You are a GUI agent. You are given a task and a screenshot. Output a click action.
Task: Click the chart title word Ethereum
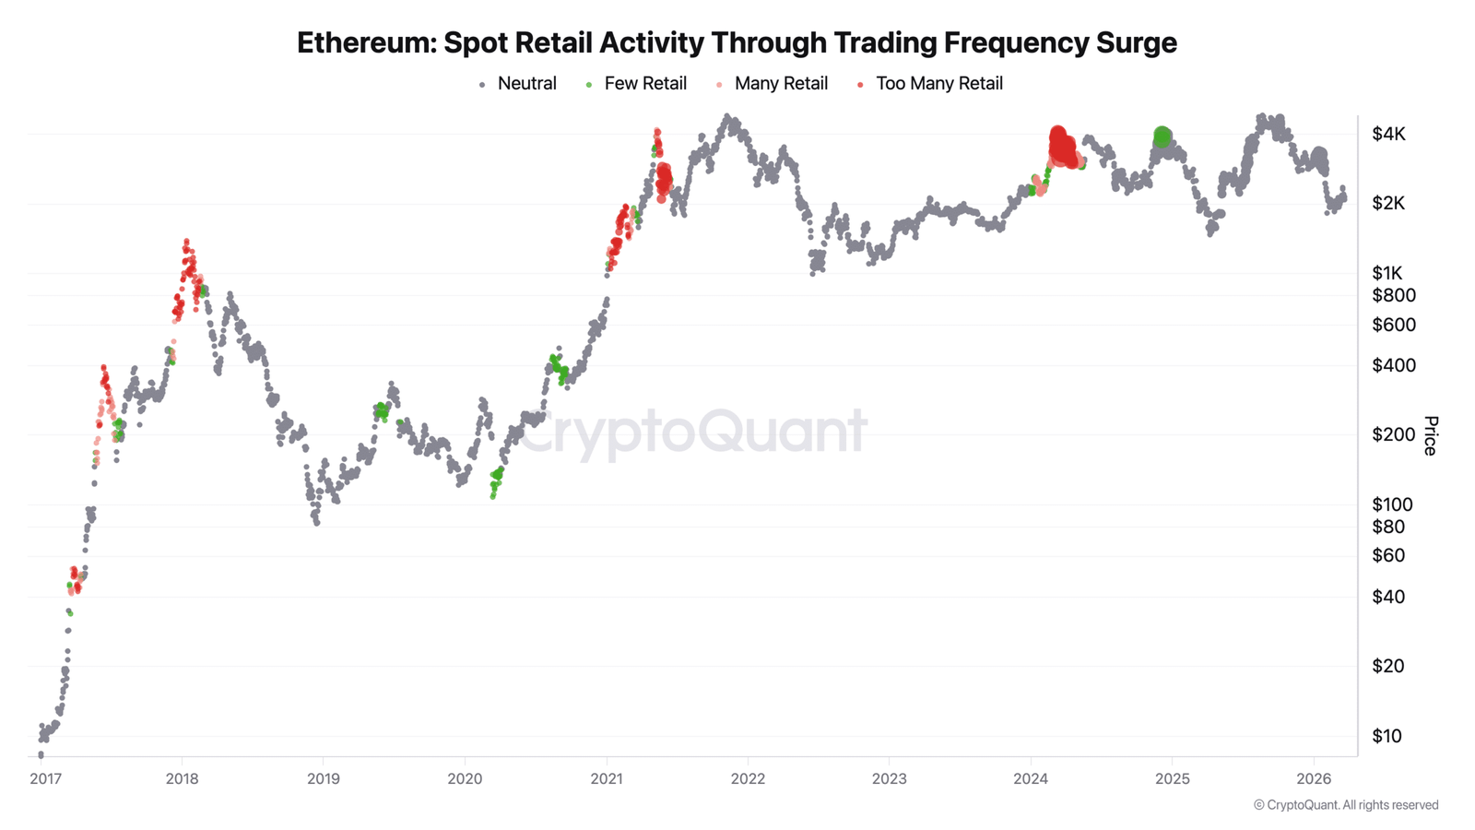(x=366, y=42)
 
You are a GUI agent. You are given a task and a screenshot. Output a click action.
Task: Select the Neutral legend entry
(x=526, y=84)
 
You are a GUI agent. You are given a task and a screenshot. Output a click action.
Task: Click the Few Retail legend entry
(x=644, y=84)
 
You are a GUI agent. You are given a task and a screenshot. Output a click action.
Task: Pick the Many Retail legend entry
(x=780, y=84)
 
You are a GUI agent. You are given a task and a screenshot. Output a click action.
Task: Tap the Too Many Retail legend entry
(x=938, y=84)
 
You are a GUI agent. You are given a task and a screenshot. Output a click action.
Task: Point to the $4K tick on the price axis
(x=1388, y=135)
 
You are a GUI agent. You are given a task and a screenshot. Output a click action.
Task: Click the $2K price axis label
(x=1388, y=204)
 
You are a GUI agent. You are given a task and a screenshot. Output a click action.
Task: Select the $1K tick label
(x=1387, y=273)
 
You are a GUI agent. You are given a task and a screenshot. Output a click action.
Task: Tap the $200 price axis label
(x=1393, y=434)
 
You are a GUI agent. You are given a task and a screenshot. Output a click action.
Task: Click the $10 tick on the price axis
(x=1387, y=736)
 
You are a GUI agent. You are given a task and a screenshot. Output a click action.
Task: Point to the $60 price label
(x=1388, y=555)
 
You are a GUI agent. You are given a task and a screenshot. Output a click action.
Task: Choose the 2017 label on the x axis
(x=46, y=779)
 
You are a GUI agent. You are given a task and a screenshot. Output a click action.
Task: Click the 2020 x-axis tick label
(x=465, y=779)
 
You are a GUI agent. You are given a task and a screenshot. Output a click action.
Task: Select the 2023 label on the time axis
(x=889, y=779)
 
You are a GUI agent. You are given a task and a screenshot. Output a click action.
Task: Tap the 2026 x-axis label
(x=1314, y=779)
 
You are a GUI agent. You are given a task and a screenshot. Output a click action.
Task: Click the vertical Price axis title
(x=1430, y=435)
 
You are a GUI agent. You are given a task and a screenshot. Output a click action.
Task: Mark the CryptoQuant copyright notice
(x=1345, y=805)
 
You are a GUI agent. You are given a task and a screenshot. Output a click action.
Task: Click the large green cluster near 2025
(x=1162, y=137)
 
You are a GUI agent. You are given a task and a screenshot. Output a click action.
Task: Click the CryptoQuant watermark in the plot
(x=691, y=432)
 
